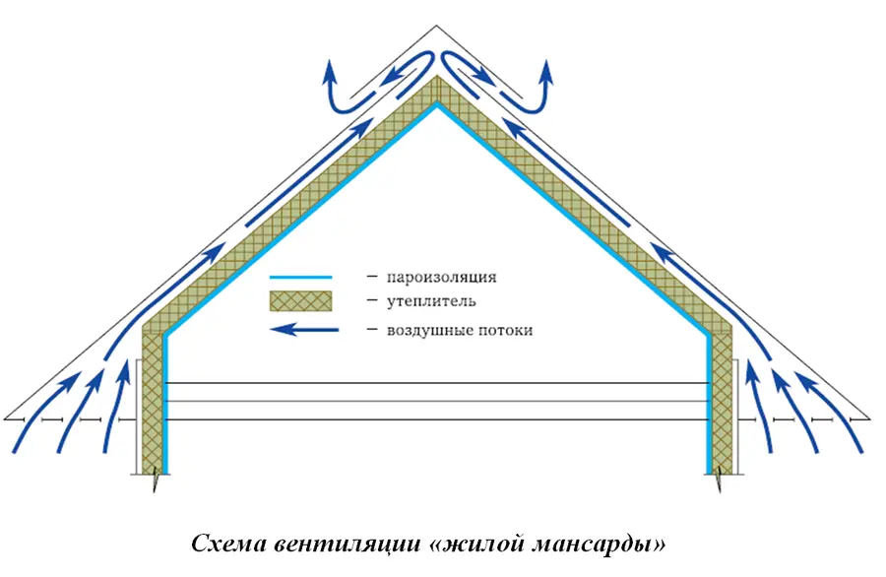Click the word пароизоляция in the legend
(x=441, y=277)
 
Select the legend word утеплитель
(x=431, y=301)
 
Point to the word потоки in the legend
(x=502, y=330)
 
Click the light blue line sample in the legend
(x=300, y=278)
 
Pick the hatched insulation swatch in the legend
(x=300, y=301)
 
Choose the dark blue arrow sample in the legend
(x=304, y=330)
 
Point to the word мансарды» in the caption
(x=601, y=545)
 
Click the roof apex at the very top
(x=436, y=26)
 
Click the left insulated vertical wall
(x=152, y=403)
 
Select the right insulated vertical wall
(x=721, y=403)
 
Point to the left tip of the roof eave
(x=5, y=418)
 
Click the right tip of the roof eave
(x=869, y=418)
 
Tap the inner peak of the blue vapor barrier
(x=436, y=102)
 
